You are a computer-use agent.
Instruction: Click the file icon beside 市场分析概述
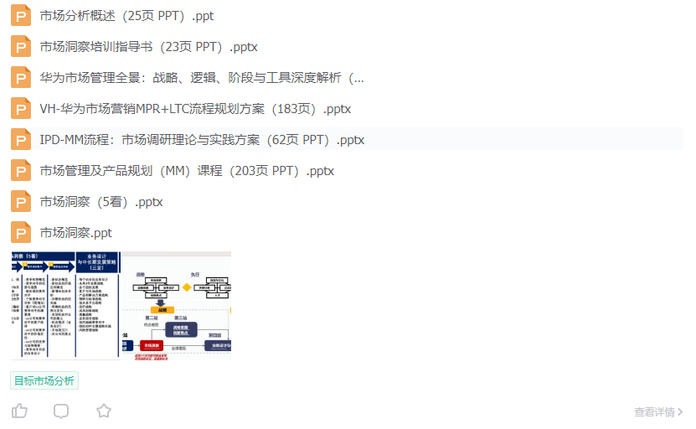click(x=21, y=16)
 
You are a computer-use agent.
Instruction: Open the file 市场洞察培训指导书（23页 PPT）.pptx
click(x=148, y=47)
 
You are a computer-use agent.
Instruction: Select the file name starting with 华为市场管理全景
click(x=202, y=78)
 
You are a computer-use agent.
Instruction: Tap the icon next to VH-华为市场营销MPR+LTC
click(x=21, y=109)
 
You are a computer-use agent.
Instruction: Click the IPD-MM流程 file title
click(x=202, y=140)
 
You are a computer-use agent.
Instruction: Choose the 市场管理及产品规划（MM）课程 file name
click(x=187, y=171)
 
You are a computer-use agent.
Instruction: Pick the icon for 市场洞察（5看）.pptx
click(x=21, y=202)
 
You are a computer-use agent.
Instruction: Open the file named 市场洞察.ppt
click(x=75, y=233)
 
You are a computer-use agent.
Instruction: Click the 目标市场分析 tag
click(x=44, y=380)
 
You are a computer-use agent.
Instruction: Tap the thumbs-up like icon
click(x=19, y=411)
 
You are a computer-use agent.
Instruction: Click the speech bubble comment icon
click(x=61, y=411)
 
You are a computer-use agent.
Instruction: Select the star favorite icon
click(x=103, y=411)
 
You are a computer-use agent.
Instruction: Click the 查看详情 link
click(x=658, y=411)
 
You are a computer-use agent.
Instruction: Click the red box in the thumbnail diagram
click(x=151, y=345)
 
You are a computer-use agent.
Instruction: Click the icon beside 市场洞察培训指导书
click(x=21, y=47)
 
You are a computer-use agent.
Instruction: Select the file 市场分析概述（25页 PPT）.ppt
click(x=126, y=16)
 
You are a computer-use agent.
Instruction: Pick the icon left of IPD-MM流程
click(x=21, y=140)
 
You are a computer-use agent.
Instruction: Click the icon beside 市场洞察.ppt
click(x=21, y=233)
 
